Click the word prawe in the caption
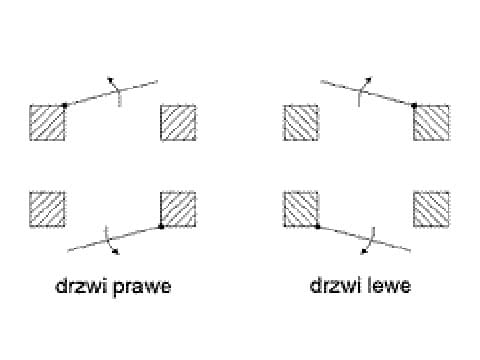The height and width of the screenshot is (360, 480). [x=142, y=287]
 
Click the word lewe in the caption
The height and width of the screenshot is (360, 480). [x=389, y=285]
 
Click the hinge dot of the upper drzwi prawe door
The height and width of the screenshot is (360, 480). [x=65, y=105]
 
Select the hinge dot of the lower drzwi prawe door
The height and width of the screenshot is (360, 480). [x=161, y=227]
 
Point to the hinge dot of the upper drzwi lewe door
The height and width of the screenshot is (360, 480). [x=414, y=106]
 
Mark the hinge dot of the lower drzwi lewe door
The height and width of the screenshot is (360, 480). [x=318, y=227]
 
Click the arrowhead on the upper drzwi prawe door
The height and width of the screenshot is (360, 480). [x=110, y=80]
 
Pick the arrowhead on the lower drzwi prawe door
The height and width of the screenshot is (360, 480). [x=116, y=252]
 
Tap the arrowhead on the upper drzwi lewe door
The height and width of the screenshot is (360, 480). [x=369, y=80]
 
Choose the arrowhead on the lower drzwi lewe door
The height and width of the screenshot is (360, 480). [x=364, y=252]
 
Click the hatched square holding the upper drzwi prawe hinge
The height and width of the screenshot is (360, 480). [x=47, y=123]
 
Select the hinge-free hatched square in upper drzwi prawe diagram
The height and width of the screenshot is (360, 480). [x=178, y=123]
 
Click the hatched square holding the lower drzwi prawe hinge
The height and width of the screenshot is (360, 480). [x=178, y=209]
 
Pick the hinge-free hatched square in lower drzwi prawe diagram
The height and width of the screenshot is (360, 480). [x=47, y=209]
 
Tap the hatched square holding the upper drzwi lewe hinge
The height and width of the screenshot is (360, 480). [x=431, y=123]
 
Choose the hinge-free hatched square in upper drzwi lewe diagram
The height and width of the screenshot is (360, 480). [x=301, y=123]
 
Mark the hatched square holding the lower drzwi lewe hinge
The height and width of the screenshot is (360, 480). [x=301, y=209]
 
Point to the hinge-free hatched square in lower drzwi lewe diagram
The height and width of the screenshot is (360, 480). [x=431, y=209]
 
